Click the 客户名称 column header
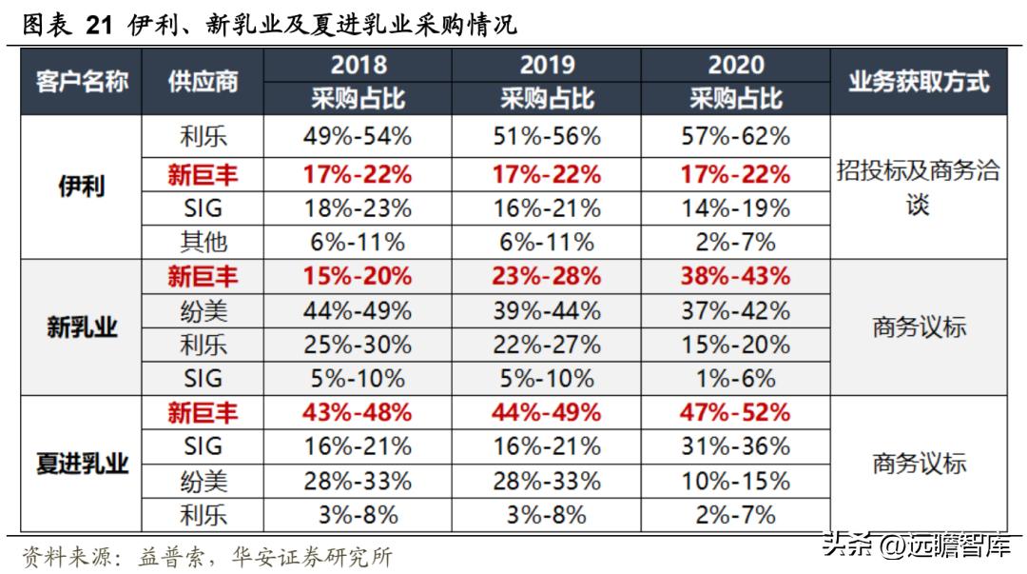click(82, 83)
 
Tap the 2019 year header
click(547, 65)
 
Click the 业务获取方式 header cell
click(919, 83)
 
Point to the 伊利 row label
click(82, 188)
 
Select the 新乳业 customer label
click(82, 327)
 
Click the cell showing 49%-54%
click(358, 136)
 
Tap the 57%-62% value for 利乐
click(736, 136)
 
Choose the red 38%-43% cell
click(736, 276)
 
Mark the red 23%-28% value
click(547, 276)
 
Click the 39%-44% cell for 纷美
click(547, 310)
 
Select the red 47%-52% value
click(736, 413)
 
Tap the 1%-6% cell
click(736, 379)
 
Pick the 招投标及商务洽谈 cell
click(919, 188)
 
